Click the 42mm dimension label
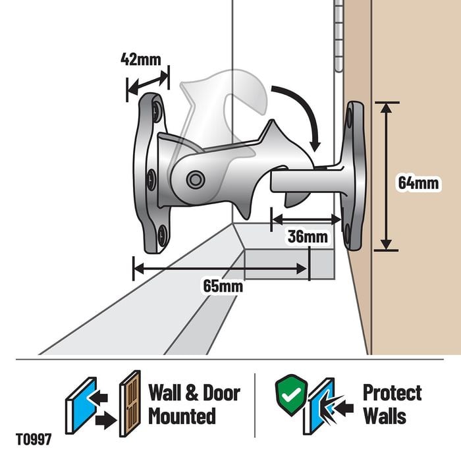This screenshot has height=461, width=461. coord(141,59)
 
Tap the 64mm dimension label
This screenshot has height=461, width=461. coord(418,183)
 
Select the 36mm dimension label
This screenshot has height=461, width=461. coord(308,236)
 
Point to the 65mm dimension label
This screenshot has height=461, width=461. coord(223,286)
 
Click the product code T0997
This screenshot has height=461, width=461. coord(34,439)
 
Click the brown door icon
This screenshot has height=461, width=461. coord(130,403)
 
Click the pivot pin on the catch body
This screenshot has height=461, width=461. coord(195,179)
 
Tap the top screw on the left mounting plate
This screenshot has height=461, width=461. coord(157,111)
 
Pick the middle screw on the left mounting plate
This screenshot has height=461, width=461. coord(151,179)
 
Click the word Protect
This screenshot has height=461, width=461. coord(393,393)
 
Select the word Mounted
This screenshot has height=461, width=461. coord(182,416)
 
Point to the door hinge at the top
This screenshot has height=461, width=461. coord(339,36)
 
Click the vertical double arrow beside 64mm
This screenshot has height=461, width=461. coord(386,176)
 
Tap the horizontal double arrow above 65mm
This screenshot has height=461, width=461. coord(221,269)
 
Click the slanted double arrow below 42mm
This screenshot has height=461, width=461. coord(148,84)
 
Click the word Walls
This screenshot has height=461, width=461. coord(385,416)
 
